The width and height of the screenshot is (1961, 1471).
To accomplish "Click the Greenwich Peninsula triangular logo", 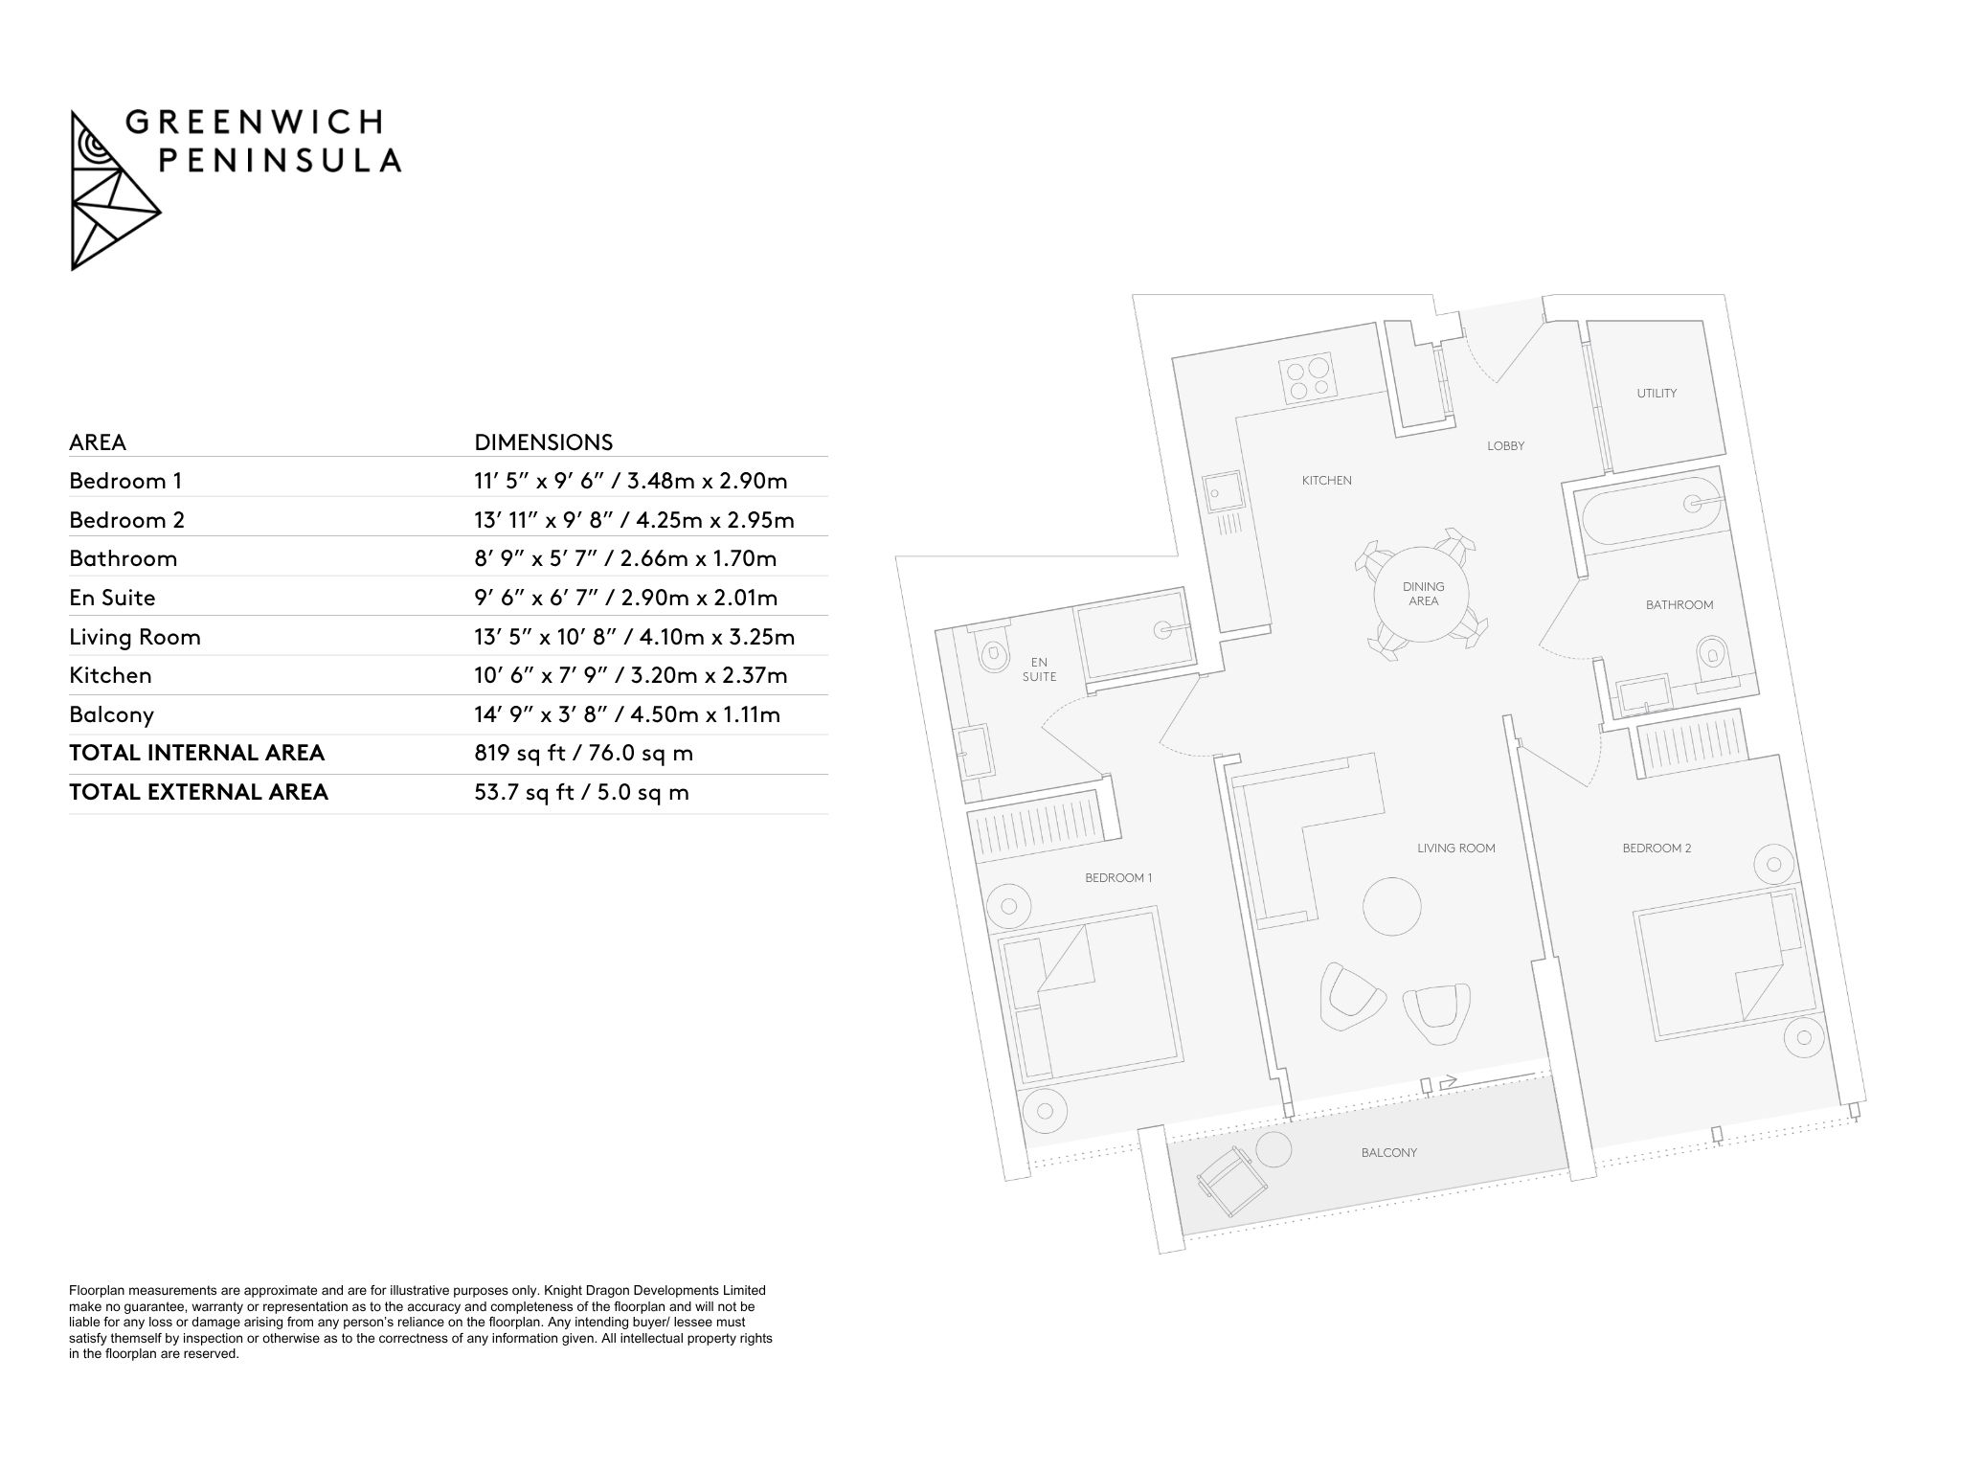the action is tap(115, 191).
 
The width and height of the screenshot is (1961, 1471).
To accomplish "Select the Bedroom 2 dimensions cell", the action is tap(634, 520).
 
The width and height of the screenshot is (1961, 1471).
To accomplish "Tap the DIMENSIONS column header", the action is tap(543, 442).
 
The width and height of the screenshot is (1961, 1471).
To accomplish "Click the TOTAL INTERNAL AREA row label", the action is tap(196, 754).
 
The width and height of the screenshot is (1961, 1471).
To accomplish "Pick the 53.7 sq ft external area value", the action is tap(581, 793).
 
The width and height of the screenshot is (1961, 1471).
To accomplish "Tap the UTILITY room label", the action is tap(1657, 394).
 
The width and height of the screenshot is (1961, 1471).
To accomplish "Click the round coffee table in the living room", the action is tap(1391, 906).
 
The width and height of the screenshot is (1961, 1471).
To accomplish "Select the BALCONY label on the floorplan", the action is tap(1388, 1153).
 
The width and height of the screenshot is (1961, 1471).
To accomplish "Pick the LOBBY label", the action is tap(1505, 446).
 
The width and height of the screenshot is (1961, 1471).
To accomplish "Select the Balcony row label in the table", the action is tap(111, 714).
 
